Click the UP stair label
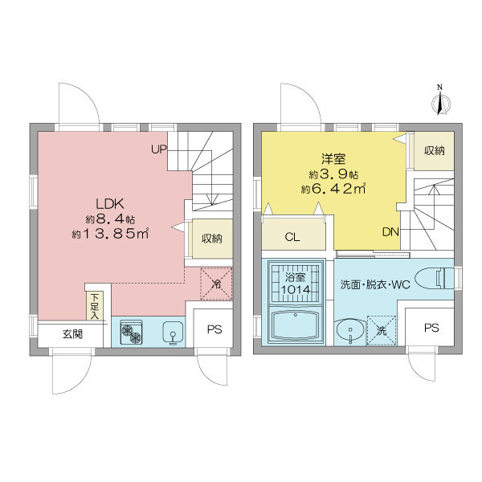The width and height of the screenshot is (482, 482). point(158,149)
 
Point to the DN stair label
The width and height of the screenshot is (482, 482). point(390,232)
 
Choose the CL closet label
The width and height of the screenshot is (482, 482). point(294,237)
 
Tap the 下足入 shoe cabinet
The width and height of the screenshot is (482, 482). point(95,306)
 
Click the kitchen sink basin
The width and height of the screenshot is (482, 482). point(170,333)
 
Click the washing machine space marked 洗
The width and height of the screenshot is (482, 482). point(381,330)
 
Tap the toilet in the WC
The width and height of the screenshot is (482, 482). point(446,278)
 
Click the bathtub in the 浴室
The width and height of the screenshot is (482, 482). point(296,326)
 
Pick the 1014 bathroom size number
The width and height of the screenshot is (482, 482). point(296,289)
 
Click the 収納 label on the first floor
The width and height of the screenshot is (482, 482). point(212,238)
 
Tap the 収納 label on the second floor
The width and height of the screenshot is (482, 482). point(434,151)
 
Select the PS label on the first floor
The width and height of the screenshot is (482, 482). point(214,329)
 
